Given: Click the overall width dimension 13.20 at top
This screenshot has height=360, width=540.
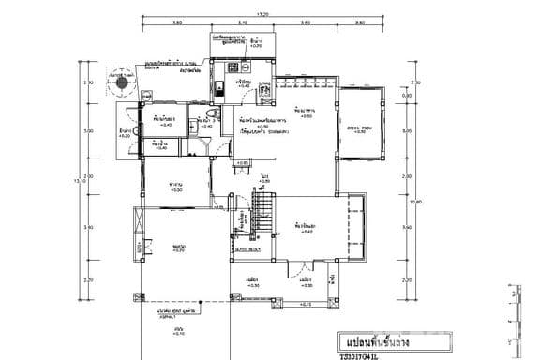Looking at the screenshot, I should point(262,14).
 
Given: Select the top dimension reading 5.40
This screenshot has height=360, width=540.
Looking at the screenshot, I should point(242,22).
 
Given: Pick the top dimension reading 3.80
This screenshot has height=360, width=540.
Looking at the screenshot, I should point(176,22).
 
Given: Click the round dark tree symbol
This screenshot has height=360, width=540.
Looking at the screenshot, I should point(121,81).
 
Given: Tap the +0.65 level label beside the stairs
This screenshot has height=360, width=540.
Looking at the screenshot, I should point(242,163).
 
